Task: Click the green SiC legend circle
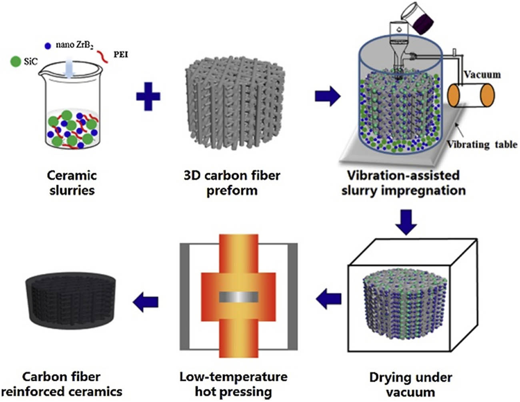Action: tap(15, 61)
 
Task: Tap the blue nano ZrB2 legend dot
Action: tap(48, 46)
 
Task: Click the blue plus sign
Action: tap(148, 96)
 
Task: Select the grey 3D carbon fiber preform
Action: tap(234, 104)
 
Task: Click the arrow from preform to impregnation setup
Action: tap(328, 96)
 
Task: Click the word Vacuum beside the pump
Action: tap(482, 75)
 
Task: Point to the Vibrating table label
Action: tap(482, 144)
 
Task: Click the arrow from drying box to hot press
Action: tap(329, 299)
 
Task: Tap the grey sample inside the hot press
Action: tap(238, 297)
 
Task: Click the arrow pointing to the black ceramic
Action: tap(146, 301)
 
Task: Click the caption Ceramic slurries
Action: tap(72, 182)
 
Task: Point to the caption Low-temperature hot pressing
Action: tap(233, 384)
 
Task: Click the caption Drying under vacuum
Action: tap(411, 384)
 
